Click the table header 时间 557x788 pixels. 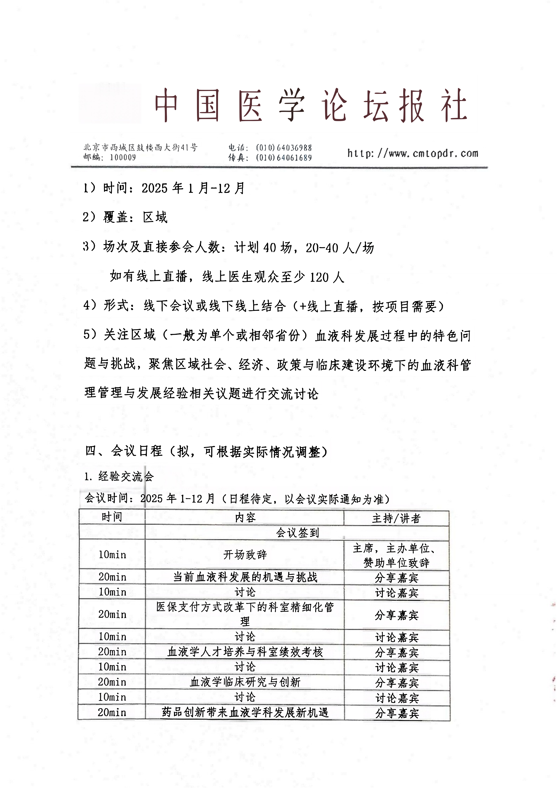[112, 517]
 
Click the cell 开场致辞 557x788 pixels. [245, 555]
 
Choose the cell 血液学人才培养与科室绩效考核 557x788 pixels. [245, 652]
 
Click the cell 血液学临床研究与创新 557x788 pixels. [245, 682]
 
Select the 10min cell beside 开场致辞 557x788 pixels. [112, 555]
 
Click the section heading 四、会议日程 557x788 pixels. [206, 451]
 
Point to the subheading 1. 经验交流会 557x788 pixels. [119, 476]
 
